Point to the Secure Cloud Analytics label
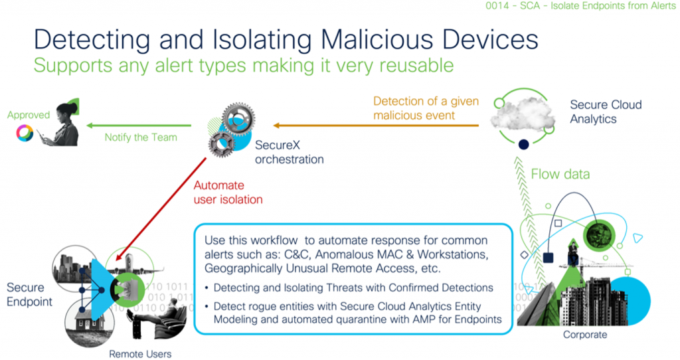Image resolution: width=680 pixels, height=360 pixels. pos(606,112)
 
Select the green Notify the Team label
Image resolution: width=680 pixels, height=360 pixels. pos(141,137)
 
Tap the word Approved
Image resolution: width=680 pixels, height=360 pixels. pos(29,115)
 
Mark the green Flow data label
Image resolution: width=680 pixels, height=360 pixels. pos(560,175)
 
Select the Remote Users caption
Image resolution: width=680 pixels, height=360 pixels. pos(140,354)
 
